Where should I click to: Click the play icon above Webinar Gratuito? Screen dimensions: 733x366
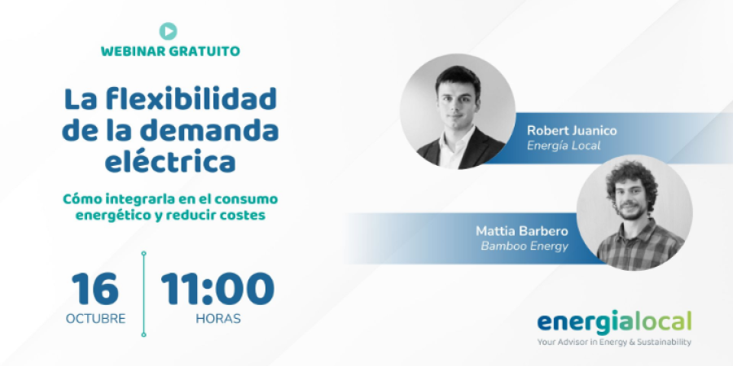(168, 31)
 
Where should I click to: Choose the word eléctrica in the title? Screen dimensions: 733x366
(170, 163)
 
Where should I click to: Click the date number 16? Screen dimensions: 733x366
(96, 289)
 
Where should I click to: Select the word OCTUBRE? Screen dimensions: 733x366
(96, 319)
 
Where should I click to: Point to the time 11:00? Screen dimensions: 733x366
(217, 289)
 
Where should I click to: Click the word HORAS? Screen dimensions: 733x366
(218, 319)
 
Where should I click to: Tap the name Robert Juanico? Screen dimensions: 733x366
(572, 131)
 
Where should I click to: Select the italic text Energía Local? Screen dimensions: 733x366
(564, 146)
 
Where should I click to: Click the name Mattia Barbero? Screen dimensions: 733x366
(522, 231)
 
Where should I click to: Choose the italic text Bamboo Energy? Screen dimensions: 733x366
(525, 246)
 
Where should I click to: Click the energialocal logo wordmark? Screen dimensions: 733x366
(614, 323)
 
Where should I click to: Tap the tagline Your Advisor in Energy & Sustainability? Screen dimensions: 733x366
(614, 342)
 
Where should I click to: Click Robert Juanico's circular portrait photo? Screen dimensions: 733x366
(458, 111)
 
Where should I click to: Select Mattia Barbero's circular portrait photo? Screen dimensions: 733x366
(634, 212)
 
